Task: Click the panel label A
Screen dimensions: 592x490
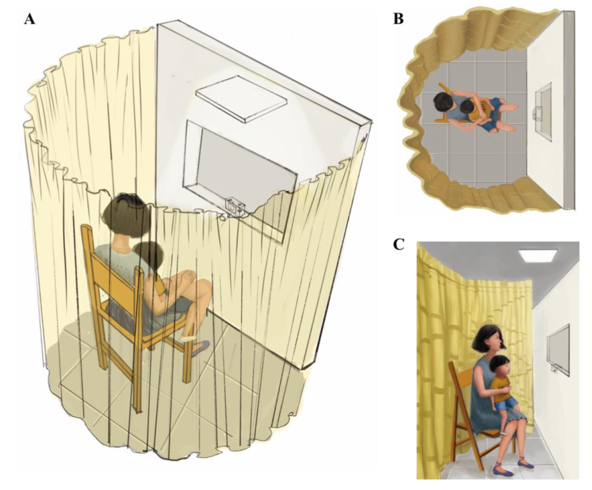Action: point(30,18)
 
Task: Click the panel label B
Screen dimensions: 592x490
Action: point(398,18)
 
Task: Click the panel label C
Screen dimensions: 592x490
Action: point(399,245)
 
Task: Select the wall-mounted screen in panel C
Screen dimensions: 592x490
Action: point(558,350)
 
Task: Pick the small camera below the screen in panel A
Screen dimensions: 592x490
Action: point(236,207)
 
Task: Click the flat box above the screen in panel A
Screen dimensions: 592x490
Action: point(241,99)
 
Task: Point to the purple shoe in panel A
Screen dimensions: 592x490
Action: point(201,347)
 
